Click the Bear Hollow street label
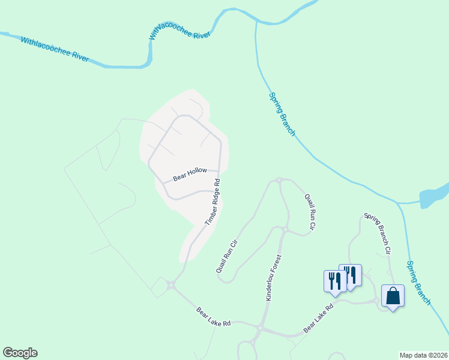(190, 174)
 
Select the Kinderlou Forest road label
(273, 278)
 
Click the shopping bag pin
(393, 296)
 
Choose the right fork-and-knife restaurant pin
(350, 275)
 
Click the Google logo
(20, 353)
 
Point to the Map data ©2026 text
(423, 355)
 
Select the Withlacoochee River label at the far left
(55, 50)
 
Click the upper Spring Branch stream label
(281, 114)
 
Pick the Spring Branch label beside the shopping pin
(418, 282)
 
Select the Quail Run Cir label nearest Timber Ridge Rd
(227, 256)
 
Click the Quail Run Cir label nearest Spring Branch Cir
(309, 212)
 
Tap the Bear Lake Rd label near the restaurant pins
(318, 318)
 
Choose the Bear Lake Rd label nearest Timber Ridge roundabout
(214, 316)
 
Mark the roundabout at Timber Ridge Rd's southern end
(171, 286)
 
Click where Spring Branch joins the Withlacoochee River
(256, 22)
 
